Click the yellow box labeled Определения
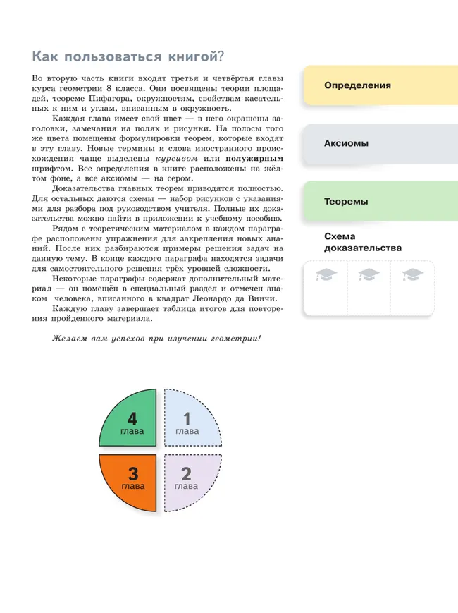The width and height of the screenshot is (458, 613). point(379,85)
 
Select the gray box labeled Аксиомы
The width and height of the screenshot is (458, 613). point(379,143)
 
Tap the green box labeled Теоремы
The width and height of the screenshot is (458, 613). point(379,201)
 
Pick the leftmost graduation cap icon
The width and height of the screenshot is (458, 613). point(326,275)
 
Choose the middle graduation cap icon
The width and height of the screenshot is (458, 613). point(369,275)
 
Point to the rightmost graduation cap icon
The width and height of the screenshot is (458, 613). point(411,275)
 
